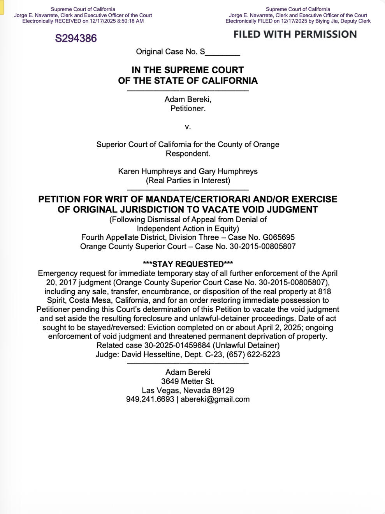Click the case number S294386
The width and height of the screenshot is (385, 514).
tap(76, 38)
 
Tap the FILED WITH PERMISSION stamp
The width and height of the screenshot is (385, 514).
tap(295, 34)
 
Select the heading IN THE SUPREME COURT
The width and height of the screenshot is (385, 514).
tap(188, 70)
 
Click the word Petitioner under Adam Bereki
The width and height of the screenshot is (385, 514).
tap(188, 109)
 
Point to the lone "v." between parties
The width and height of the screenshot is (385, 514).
tap(188, 127)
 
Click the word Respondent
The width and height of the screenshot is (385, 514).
tap(188, 154)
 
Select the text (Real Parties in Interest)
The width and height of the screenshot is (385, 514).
tap(188, 181)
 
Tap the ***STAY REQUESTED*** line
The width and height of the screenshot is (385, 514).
tap(188, 264)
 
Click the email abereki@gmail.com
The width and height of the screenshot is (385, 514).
tap(215, 399)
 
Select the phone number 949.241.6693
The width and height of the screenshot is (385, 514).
tap(150, 399)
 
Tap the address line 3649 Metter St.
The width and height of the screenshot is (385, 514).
tap(188, 381)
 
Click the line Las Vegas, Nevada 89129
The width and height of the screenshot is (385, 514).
tap(188, 390)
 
